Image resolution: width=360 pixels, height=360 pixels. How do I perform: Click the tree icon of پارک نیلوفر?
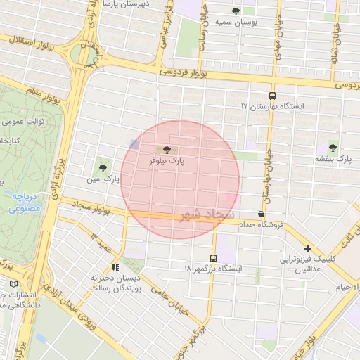[167, 150]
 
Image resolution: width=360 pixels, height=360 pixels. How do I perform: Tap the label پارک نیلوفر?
[166, 161]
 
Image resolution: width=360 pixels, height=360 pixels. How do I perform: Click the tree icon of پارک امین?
[104, 167]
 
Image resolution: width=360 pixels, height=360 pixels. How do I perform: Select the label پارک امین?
[104, 179]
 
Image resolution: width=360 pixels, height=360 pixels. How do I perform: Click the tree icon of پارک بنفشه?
[332, 148]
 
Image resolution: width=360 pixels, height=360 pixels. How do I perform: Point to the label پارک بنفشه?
[334, 160]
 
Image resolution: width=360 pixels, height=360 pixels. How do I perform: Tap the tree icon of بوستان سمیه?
[235, 11]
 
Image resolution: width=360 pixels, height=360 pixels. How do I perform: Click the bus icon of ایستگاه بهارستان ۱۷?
[272, 96]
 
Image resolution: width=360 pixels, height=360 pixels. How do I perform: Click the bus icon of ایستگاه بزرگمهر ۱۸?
[213, 258]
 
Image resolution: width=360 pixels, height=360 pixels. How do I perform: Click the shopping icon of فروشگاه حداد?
[262, 214]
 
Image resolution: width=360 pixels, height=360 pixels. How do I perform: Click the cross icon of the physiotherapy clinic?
[307, 248]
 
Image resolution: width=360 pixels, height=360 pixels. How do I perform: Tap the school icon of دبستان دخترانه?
[116, 267]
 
